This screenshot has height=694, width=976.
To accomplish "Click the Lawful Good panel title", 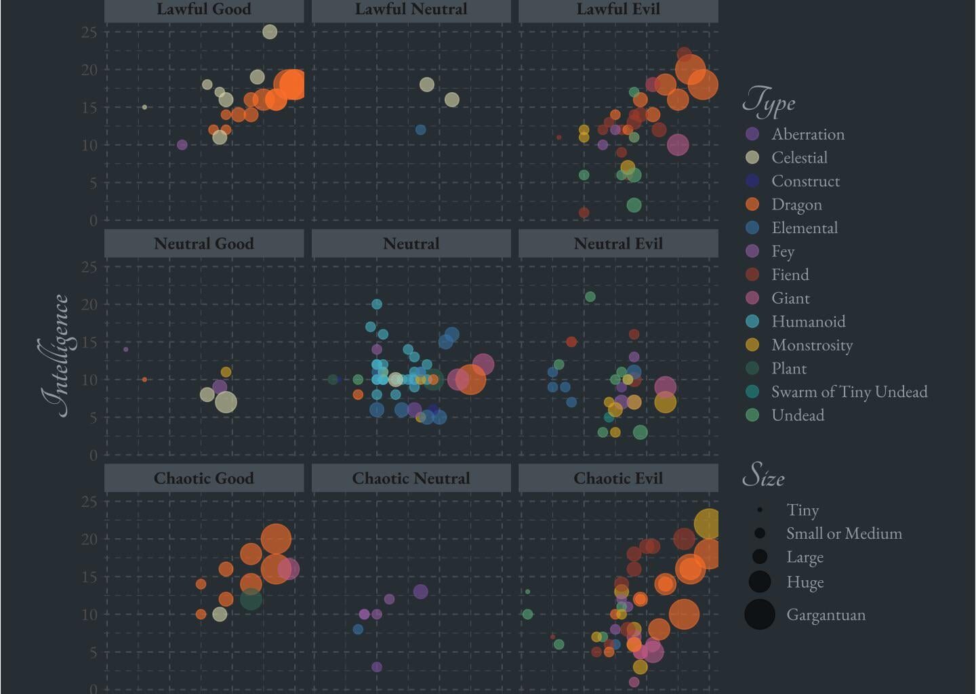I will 203,9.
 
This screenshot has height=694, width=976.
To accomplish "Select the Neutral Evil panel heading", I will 617,243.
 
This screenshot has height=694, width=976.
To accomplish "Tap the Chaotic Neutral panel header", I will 411,478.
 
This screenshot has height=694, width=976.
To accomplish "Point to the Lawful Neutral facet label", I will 411,9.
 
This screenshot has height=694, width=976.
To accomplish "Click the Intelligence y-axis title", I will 55,356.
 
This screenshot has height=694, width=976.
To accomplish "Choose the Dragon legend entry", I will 796,204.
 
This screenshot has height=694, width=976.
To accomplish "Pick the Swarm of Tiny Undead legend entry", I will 849,392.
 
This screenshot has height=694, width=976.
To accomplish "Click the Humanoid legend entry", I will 808,321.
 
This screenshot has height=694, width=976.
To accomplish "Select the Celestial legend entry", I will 799,157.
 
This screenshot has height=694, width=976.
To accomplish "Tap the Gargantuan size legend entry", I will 826,615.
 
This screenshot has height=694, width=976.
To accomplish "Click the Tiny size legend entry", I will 802,510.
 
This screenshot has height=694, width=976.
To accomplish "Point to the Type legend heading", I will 769,102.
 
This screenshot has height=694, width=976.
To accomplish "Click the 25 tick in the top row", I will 89,32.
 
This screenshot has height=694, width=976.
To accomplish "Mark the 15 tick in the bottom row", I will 89,577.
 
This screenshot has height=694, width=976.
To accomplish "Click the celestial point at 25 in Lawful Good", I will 270,32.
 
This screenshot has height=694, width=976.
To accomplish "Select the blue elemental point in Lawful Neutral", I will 420,129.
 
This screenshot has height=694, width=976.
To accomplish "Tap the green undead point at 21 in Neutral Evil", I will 590,297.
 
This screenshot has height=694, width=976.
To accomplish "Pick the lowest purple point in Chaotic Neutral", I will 377,667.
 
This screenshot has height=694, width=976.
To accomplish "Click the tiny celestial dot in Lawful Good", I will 144,107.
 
